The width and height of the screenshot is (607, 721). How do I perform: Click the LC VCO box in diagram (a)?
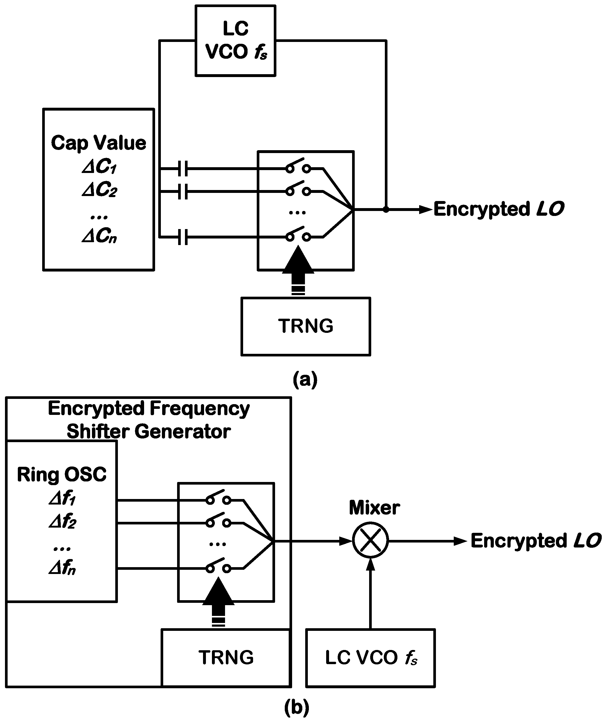click(235, 41)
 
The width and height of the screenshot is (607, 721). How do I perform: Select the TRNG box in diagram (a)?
click(305, 326)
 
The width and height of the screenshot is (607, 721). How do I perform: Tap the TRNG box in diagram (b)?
click(226, 657)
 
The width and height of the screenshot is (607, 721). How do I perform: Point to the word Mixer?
click(374, 508)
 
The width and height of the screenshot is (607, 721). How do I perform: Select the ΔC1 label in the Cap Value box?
click(99, 167)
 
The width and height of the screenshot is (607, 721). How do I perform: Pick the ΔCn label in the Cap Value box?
click(99, 236)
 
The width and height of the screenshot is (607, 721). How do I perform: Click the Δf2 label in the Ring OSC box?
click(62, 522)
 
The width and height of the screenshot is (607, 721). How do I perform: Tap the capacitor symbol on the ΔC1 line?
click(183, 169)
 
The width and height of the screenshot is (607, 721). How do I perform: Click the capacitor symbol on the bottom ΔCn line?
click(183, 237)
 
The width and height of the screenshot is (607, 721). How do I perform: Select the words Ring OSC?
click(62, 475)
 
